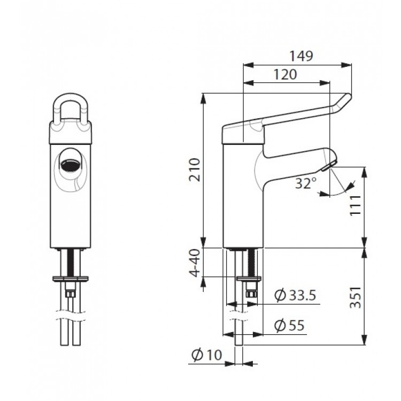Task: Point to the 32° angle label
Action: coord(306,183)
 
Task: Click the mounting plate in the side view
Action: coord(247,277)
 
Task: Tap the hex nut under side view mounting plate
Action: coord(251,291)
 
